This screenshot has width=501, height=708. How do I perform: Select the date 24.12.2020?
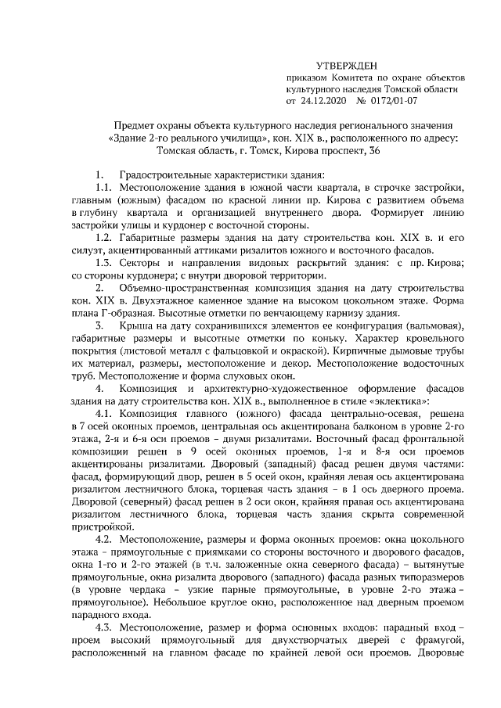323,102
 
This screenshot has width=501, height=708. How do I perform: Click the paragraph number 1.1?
103,189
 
